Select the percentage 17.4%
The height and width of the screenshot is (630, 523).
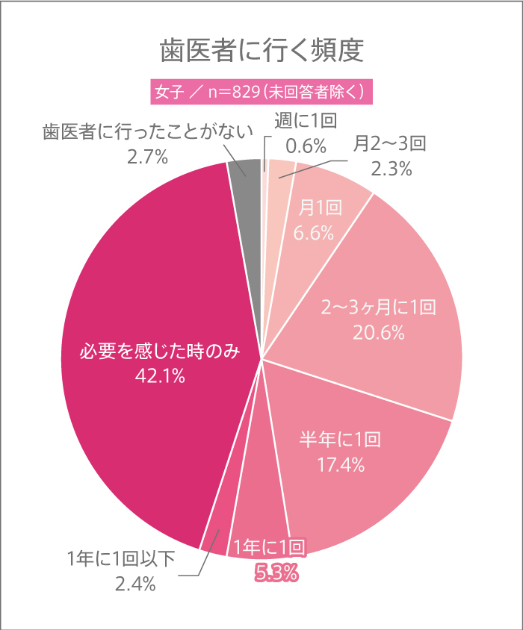(x=340, y=467)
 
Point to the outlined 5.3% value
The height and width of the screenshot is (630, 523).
(x=276, y=573)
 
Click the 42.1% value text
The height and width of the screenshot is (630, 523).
(x=160, y=377)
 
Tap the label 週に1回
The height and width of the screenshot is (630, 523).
(x=307, y=121)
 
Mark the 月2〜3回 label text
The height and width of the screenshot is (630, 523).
(x=389, y=143)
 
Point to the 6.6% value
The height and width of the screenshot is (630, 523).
(x=313, y=233)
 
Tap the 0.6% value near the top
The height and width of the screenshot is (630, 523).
(x=307, y=145)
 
